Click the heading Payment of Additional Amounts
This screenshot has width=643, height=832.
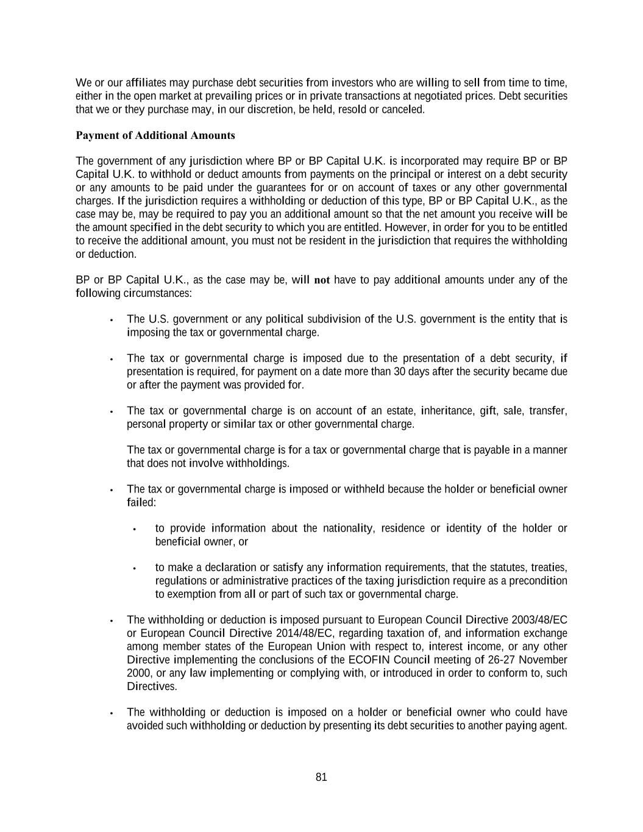155,135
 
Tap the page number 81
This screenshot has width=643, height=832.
322,777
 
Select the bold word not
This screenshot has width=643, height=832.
321,280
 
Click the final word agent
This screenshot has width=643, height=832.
553,725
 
